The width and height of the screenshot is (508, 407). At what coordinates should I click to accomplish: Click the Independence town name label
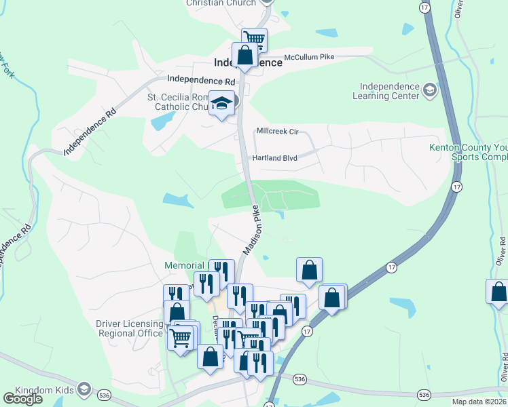point(248,62)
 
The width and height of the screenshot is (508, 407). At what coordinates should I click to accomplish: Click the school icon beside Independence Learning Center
point(429,90)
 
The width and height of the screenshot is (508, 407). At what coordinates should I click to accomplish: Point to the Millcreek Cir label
point(278,131)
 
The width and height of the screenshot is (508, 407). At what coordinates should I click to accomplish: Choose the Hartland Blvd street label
point(275,158)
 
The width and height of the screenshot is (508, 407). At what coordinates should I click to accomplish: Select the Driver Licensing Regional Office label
point(129,328)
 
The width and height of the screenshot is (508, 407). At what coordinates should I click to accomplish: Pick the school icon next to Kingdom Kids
point(84,389)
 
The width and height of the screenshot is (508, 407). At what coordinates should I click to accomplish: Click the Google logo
point(22,398)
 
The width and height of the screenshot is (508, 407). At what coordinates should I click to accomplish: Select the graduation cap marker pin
point(221,104)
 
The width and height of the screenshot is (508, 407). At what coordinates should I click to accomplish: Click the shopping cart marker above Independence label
point(254,39)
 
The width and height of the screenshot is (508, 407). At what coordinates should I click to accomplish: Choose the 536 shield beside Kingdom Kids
point(104,394)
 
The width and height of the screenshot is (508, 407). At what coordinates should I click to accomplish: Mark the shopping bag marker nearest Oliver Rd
point(498,291)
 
